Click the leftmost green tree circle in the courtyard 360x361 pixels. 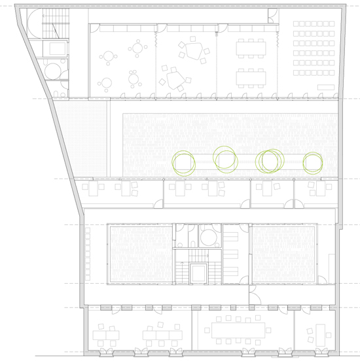183,162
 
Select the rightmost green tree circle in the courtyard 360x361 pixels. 313,162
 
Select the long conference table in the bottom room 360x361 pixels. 239,329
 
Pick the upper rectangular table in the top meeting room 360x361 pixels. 252,48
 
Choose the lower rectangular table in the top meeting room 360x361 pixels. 252,77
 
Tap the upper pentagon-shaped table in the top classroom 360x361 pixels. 194,50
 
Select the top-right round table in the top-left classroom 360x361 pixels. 137,47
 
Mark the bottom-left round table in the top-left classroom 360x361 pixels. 106,83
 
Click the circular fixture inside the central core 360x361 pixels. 209,235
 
